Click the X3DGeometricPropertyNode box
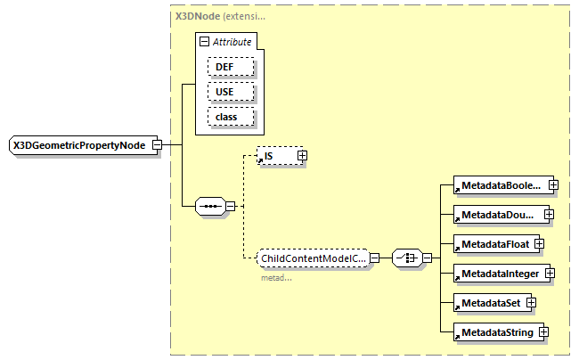(79, 145)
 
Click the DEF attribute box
(231, 67)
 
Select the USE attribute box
(231, 92)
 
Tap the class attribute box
(231, 117)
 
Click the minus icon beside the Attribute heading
(204, 42)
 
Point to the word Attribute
(232, 42)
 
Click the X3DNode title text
(196, 16)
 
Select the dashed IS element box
(276, 156)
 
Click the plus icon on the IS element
(302, 156)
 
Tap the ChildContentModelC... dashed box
(312, 258)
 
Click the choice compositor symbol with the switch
(406, 258)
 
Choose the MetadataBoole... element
(500, 185)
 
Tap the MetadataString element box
(494, 332)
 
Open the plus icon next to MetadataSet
(530, 303)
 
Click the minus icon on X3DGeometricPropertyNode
(157, 145)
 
